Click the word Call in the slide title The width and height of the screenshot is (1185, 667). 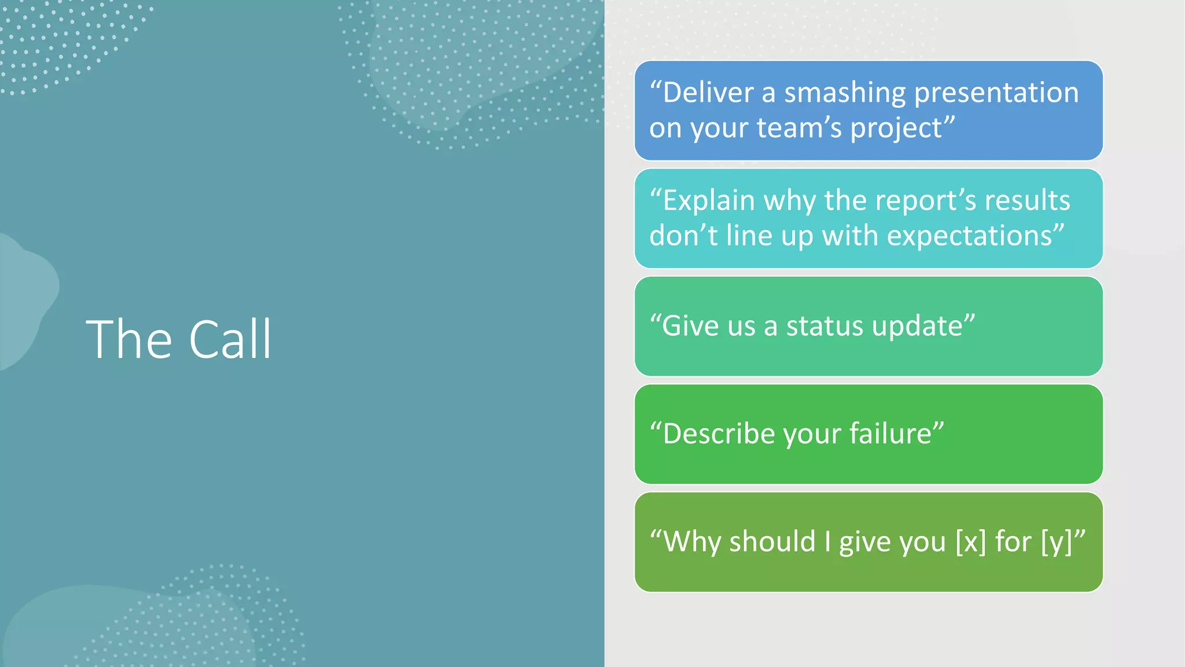coord(230,339)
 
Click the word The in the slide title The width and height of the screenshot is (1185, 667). coord(129,339)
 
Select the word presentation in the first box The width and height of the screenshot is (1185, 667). coord(996,93)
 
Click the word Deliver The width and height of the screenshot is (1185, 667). coord(708,93)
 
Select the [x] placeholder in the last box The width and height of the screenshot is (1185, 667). coord(970,542)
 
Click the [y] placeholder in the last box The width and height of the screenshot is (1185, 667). coord(1057,542)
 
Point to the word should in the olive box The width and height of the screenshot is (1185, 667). coord(772,542)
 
